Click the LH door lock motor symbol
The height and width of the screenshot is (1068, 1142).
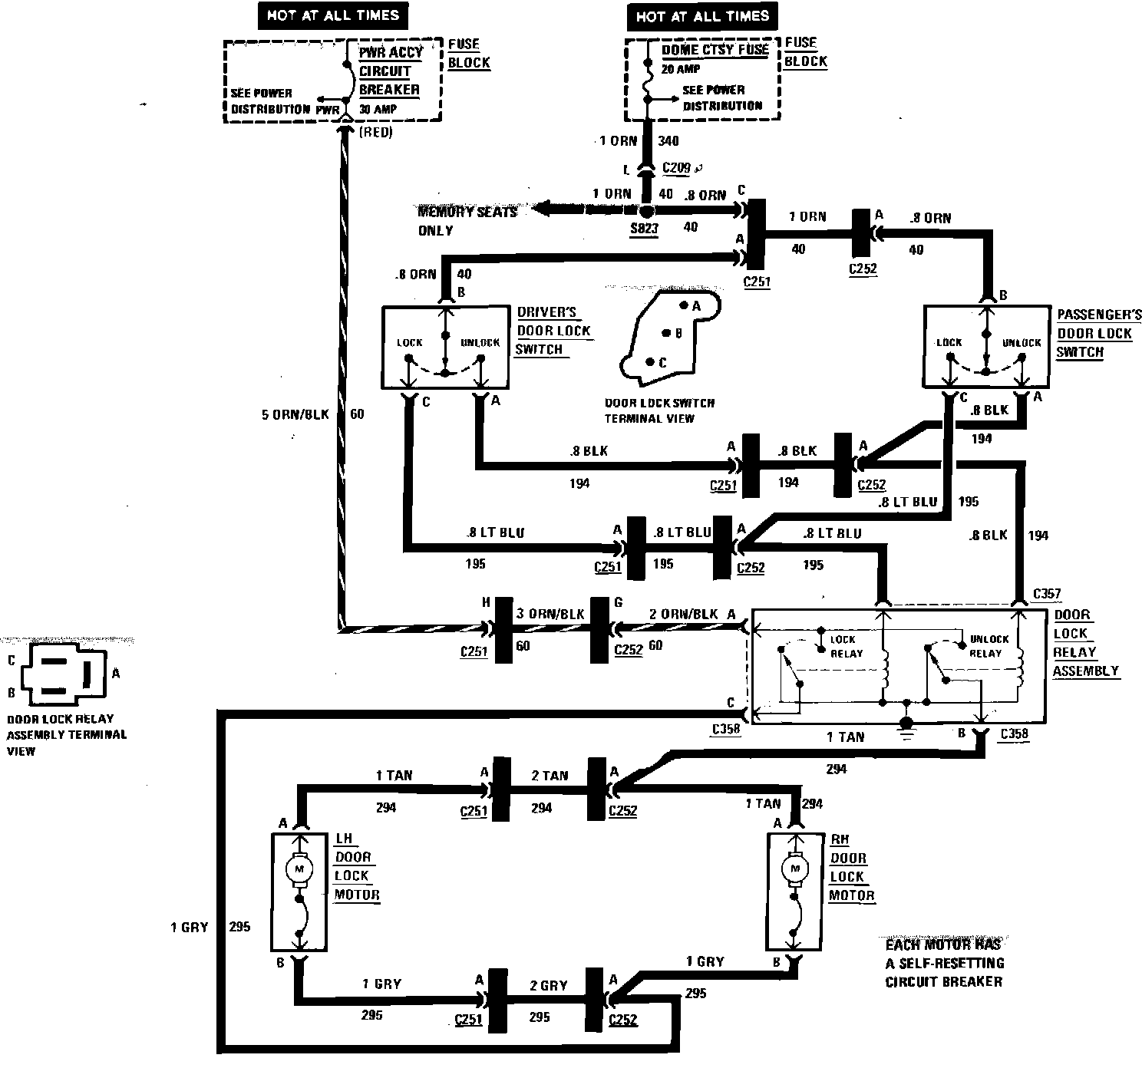point(299,869)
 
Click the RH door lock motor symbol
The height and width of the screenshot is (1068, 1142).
point(795,870)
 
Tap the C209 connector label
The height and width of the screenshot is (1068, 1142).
point(675,167)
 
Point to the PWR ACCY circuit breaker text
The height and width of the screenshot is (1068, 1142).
point(389,71)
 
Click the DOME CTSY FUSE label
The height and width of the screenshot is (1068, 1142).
point(715,50)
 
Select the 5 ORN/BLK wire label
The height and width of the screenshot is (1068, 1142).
point(295,414)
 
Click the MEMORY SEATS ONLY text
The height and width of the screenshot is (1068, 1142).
point(466,221)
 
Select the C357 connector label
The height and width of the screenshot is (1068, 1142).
point(1047,593)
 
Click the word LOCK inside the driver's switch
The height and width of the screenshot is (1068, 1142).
point(410,342)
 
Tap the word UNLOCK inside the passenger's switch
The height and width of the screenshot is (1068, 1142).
point(1022,343)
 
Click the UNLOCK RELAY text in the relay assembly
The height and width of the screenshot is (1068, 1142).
point(989,646)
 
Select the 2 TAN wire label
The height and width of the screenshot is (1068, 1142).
point(550,776)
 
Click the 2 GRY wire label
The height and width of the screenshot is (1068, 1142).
point(550,986)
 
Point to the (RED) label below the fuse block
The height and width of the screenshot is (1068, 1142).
point(376,133)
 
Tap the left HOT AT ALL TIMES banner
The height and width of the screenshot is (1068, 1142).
point(332,15)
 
